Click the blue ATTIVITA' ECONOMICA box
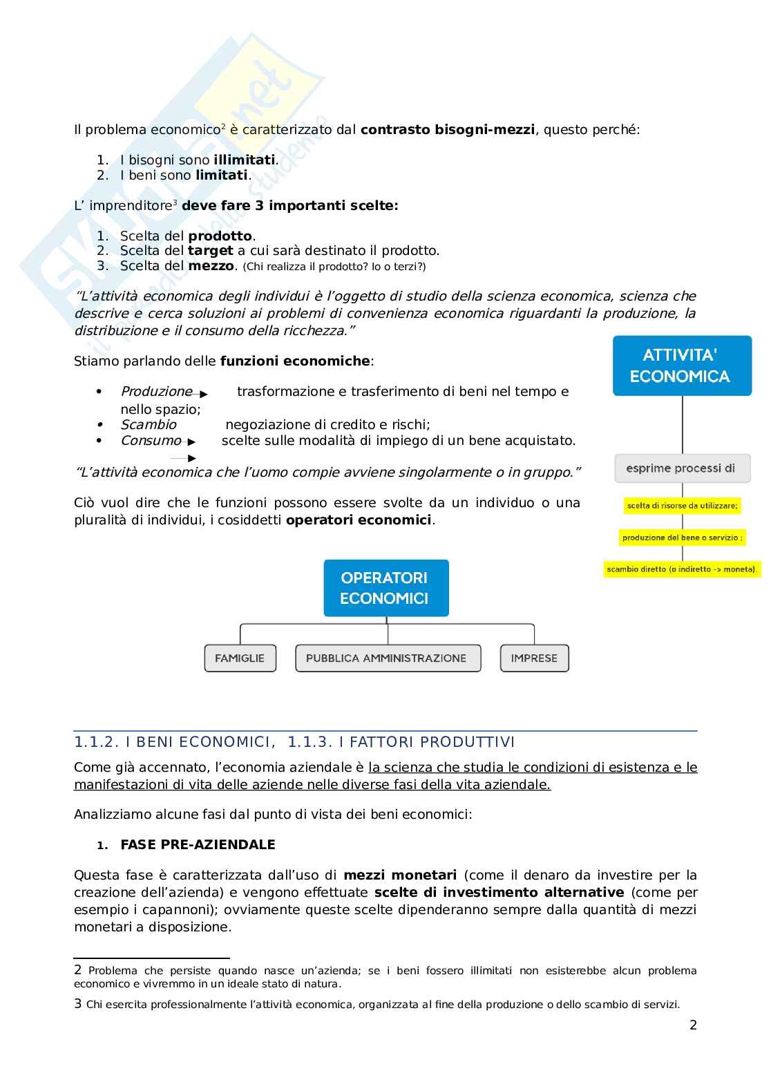[682, 366]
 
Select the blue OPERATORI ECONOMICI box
[386, 588]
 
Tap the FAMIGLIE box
[240, 658]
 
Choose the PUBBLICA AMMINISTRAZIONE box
[386, 658]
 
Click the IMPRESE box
[534, 658]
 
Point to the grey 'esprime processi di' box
[682, 468]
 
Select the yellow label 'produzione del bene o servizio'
[683, 538]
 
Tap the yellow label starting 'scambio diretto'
[682, 570]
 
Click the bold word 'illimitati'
[245, 160]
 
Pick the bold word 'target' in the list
[211, 251]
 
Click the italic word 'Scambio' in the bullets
[149, 425]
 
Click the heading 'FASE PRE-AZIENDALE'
[198, 845]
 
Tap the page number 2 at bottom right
[693, 1025]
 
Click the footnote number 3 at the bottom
[78, 1004]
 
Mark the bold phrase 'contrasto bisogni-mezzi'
[448, 129]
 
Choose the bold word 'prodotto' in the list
[220, 236]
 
